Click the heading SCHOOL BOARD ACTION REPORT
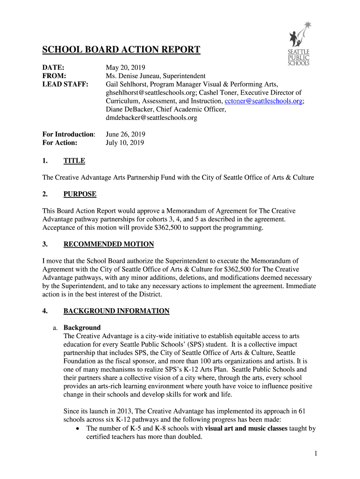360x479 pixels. tap(122, 50)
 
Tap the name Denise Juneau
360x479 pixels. tap(140, 76)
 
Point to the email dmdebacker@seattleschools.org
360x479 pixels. tap(151, 118)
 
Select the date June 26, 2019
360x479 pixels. tap(125, 135)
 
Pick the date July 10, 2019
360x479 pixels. tap(125, 143)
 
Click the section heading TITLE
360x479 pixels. tap(74, 161)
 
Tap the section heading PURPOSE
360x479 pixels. tap(80, 194)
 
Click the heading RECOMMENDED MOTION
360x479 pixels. tap(108, 244)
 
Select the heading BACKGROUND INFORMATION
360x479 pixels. tap(116, 311)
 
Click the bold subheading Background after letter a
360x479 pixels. tap(82, 327)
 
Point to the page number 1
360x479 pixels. tap(316, 453)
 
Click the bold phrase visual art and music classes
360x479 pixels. tap(246, 428)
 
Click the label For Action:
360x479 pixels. tap(60, 143)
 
